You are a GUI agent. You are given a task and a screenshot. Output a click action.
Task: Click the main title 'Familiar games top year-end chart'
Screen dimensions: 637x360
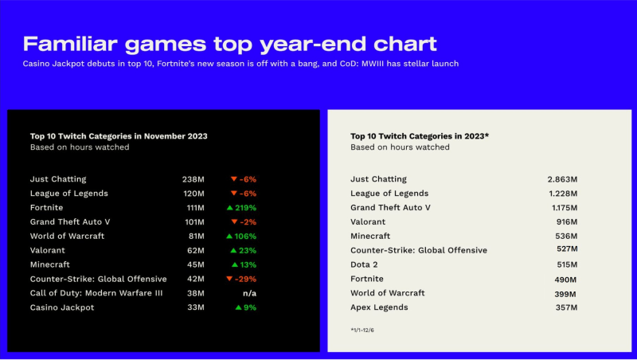(x=229, y=45)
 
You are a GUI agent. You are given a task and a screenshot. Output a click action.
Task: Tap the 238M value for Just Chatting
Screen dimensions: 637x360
(x=193, y=179)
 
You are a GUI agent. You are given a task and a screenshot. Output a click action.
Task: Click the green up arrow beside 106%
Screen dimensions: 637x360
(x=229, y=236)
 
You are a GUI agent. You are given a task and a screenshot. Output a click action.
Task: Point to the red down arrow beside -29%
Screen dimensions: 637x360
(x=229, y=279)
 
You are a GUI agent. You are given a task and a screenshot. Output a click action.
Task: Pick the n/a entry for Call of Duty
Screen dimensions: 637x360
(x=249, y=293)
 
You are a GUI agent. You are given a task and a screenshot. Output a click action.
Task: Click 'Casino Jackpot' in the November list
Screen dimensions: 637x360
(x=62, y=307)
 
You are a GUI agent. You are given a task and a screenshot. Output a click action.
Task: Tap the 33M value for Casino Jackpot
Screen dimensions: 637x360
(x=196, y=307)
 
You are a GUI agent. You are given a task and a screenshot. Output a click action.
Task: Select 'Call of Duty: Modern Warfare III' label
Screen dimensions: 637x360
(x=96, y=293)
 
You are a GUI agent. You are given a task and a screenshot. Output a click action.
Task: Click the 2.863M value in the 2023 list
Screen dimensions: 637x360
(x=562, y=179)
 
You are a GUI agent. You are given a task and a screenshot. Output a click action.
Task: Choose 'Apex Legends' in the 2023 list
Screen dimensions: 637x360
(x=380, y=307)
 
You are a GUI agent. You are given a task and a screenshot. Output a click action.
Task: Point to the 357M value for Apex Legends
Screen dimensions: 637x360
(x=566, y=307)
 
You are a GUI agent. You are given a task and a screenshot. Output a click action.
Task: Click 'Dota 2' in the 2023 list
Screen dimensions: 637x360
(x=364, y=264)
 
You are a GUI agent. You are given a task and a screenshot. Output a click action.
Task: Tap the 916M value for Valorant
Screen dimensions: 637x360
(x=567, y=222)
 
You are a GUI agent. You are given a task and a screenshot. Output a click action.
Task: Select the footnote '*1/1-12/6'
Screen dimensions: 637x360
(x=362, y=331)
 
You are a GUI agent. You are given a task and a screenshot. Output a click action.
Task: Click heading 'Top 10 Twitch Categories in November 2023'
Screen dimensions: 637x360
(x=119, y=136)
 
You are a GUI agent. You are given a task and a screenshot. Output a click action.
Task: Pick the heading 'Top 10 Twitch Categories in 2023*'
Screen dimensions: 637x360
(x=420, y=136)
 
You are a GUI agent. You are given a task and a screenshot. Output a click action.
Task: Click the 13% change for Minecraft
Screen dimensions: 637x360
(x=244, y=265)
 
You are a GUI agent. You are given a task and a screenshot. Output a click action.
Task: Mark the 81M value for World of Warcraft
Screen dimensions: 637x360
(x=196, y=236)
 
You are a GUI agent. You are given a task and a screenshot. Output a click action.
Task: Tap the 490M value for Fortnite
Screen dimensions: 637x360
(x=565, y=280)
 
